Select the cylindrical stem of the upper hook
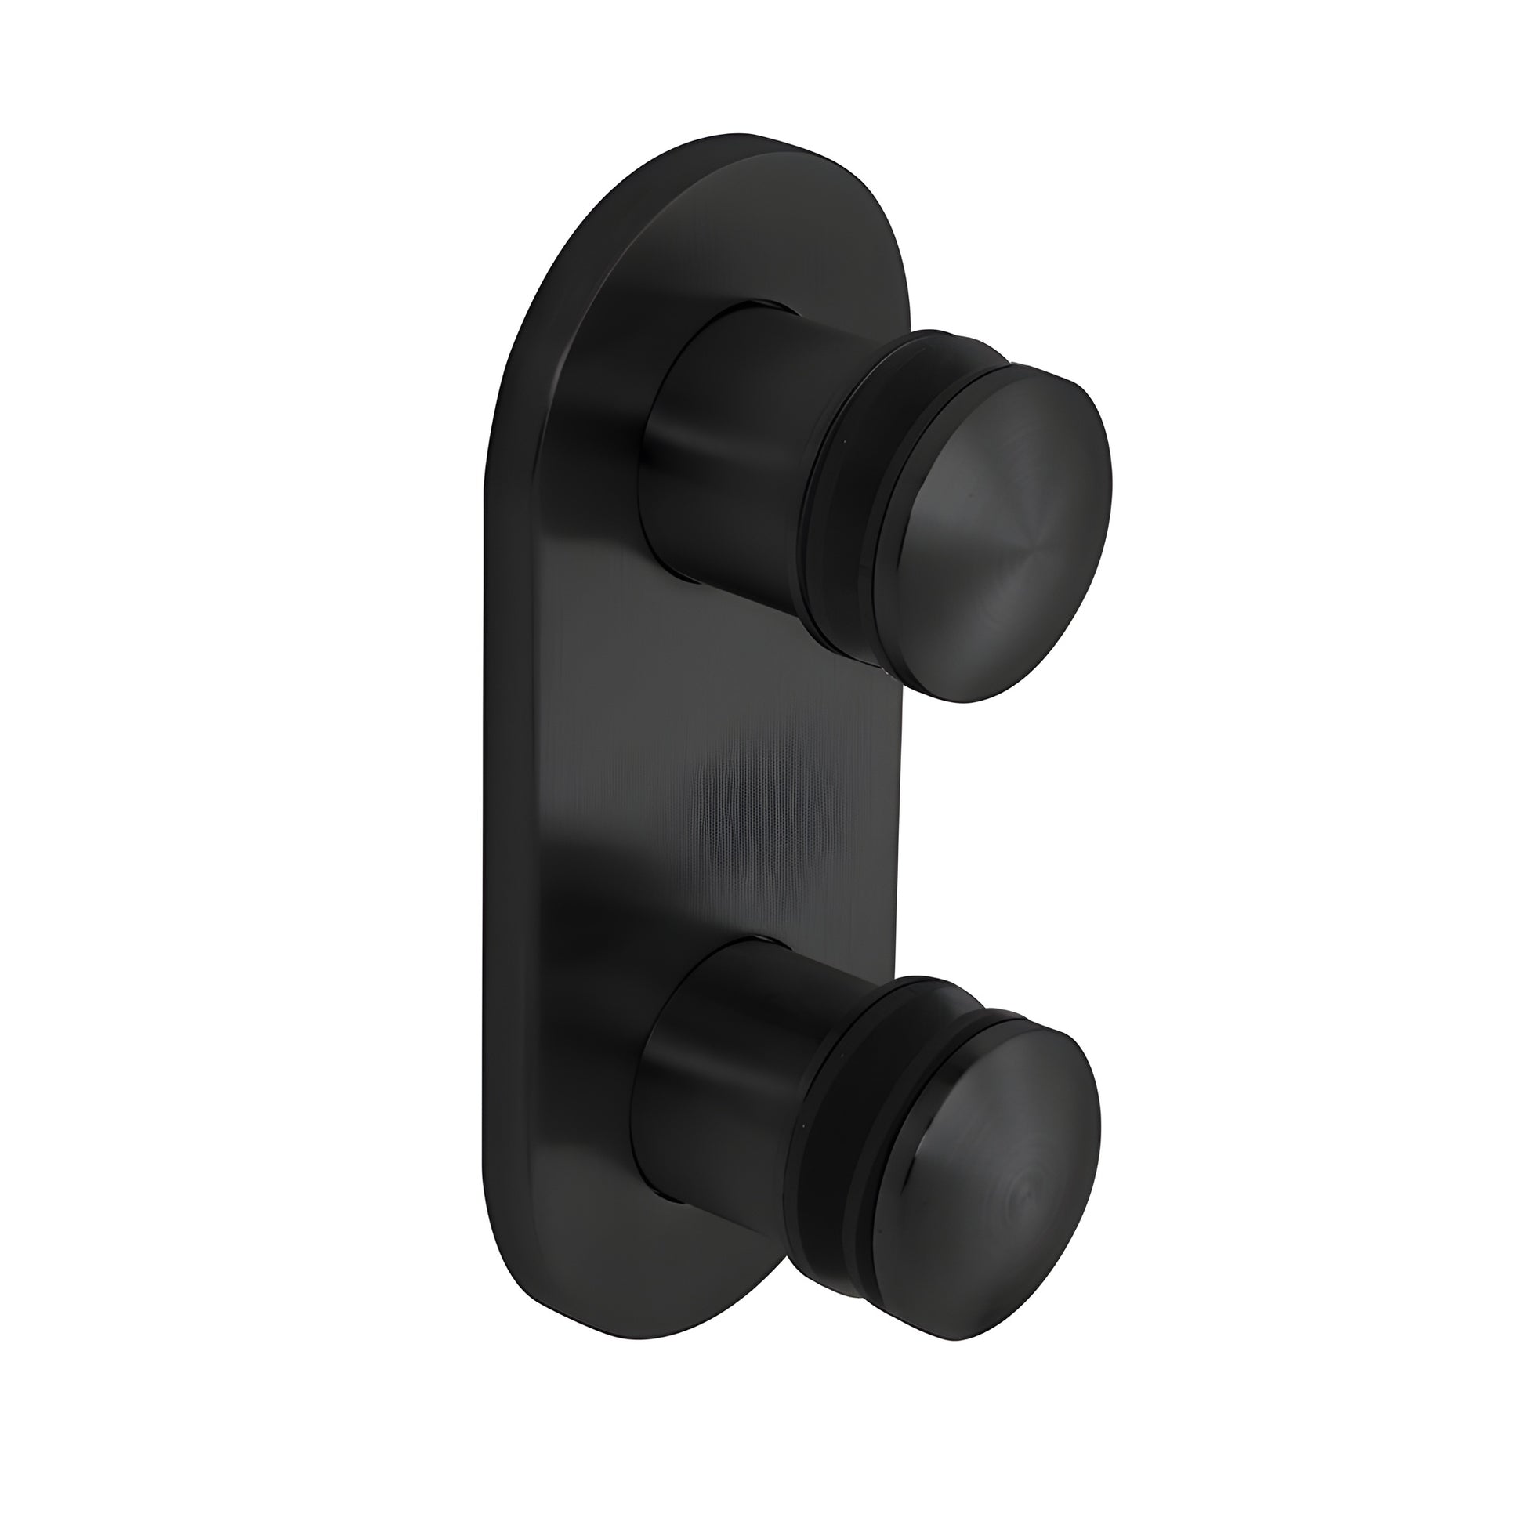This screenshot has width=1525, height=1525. (726, 442)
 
